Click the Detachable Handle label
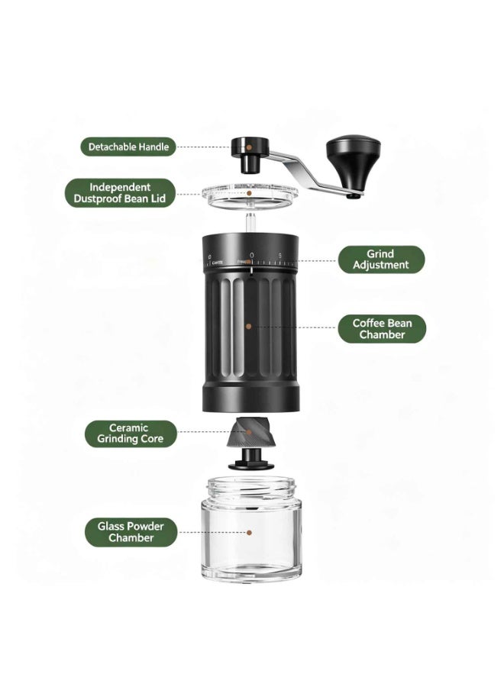(128, 147)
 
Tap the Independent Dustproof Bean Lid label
(120, 193)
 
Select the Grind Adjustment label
(381, 260)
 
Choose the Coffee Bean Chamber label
(382, 328)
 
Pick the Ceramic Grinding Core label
(130, 434)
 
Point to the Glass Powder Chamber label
(131, 532)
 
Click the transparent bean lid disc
(250, 197)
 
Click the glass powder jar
(251, 528)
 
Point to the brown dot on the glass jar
(249, 533)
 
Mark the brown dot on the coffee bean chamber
(248, 327)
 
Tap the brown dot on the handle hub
(248, 147)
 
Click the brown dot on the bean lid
(249, 192)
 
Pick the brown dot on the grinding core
(249, 432)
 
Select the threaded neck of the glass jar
(251, 488)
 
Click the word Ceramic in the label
(128, 427)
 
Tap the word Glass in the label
(110, 526)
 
